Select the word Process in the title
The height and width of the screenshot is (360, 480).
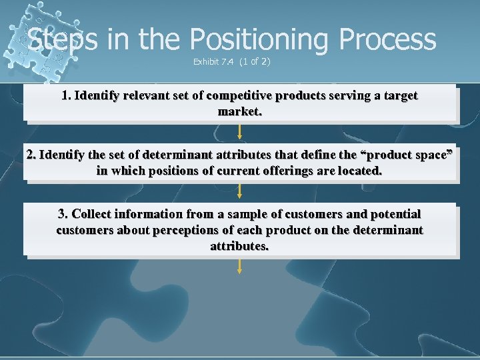387,39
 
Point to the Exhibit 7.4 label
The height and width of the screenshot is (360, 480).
213,62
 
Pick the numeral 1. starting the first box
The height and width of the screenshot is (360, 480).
66,95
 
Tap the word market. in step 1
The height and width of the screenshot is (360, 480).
240,111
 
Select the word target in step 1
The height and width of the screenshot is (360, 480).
400,95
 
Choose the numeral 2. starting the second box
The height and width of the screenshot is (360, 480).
31,155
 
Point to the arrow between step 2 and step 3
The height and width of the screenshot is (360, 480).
240,191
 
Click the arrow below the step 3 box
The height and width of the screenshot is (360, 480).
240,267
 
